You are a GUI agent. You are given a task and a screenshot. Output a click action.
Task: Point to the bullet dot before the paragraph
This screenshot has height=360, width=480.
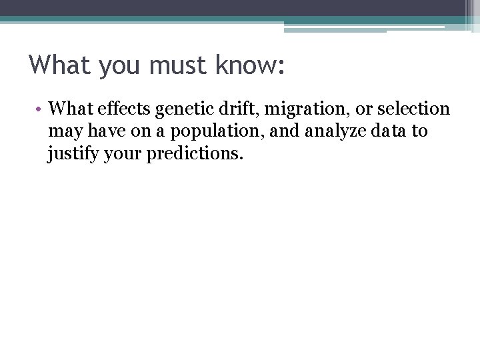click(40, 109)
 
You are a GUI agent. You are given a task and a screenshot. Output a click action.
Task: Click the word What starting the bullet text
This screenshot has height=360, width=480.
click(69, 108)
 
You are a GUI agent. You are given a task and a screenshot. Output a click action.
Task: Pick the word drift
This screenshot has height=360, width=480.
click(228, 108)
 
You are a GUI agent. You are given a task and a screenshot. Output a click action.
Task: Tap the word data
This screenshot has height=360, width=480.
click(383, 131)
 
